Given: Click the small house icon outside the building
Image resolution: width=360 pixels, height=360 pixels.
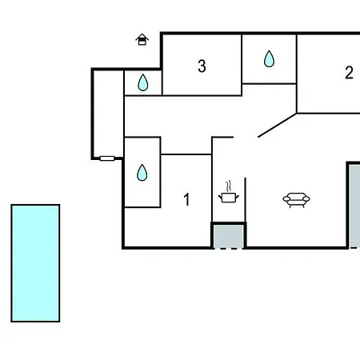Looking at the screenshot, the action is pyautogui.click(x=142, y=39).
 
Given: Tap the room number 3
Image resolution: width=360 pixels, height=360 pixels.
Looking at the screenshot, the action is pyautogui.click(x=202, y=66).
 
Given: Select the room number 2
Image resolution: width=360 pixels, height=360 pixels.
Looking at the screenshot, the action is pyautogui.click(x=349, y=73).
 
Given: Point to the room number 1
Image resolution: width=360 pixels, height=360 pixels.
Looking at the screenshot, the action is pyautogui.click(x=187, y=199).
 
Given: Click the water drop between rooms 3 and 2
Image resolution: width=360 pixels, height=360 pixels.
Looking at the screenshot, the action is pyautogui.click(x=269, y=58).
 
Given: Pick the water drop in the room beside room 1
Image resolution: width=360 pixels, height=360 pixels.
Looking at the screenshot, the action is pyautogui.click(x=142, y=173).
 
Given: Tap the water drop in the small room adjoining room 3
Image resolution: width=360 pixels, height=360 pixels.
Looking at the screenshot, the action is pyautogui.click(x=143, y=82).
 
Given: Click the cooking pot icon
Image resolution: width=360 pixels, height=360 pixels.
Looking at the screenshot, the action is pyautogui.click(x=229, y=198).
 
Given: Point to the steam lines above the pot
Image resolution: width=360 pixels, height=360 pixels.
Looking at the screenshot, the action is pyautogui.click(x=229, y=186).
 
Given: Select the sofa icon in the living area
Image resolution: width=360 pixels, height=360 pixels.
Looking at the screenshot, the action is pyautogui.click(x=296, y=200).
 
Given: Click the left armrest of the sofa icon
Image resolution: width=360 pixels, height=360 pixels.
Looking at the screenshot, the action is pyautogui.click(x=286, y=199).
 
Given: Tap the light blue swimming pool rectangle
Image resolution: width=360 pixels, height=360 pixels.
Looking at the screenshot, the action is pyautogui.click(x=35, y=263).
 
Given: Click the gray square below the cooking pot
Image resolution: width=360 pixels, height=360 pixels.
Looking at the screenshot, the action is pyautogui.click(x=228, y=236).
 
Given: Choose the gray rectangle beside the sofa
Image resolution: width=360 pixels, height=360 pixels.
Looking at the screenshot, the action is pyautogui.click(x=355, y=206).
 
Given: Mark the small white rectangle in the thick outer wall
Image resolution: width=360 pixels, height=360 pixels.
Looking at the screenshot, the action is pyautogui.click(x=107, y=158).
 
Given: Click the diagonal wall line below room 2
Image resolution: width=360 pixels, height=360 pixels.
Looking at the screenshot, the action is pyautogui.click(x=278, y=126).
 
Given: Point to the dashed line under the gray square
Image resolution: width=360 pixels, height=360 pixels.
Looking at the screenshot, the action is pyautogui.click(x=228, y=249).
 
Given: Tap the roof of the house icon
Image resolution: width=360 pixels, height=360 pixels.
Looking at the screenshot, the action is pyautogui.click(x=142, y=36).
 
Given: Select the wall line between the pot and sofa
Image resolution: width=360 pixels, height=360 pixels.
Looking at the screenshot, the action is pyautogui.click(x=246, y=199).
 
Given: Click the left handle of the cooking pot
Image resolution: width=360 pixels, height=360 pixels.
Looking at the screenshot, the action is pyautogui.click(x=220, y=198).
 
